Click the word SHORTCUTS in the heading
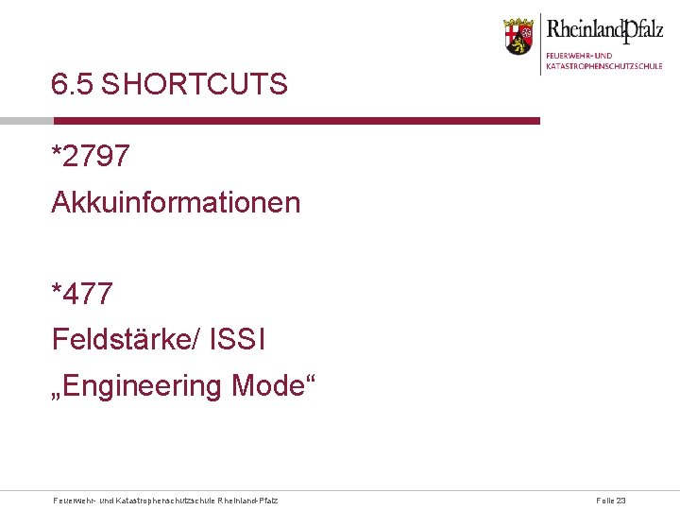[x=194, y=85]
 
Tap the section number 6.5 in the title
[x=73, y=85]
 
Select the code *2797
[x=91, y=156]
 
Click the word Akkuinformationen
[x=176, y=202]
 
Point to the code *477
[x=82, y=294]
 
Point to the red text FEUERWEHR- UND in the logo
[x=579, y=56]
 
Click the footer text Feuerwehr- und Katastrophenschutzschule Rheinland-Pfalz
[x=166, y=500]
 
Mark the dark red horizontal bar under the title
[x=297, y=121]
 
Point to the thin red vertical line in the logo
[x=540, y=43]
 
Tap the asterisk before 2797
[x=58, y=151]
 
